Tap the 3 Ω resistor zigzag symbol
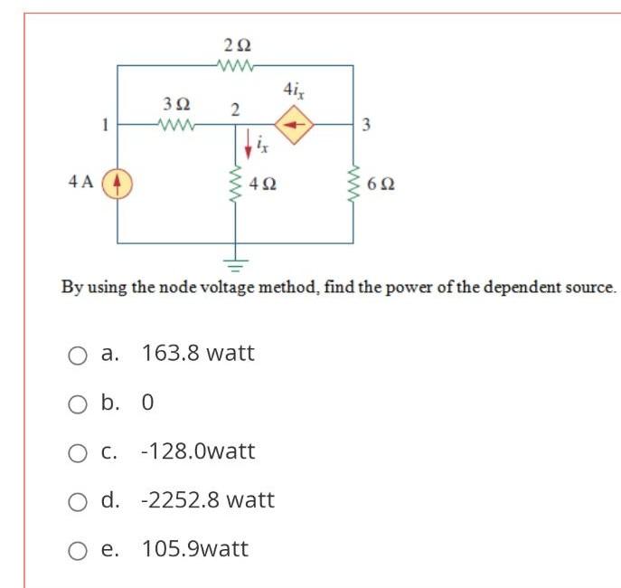pyautogui.click(x=174, y=124)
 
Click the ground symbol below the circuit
pyautogui.click(x=236, y=264)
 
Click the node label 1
pyautogui.click(x=106, y=124)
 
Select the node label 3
pyautogui.click(x=366, y=125)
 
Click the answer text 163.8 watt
pyautogui.click(x=198, y=354)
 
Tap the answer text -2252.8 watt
pyautogui.click(x=208, y=500)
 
